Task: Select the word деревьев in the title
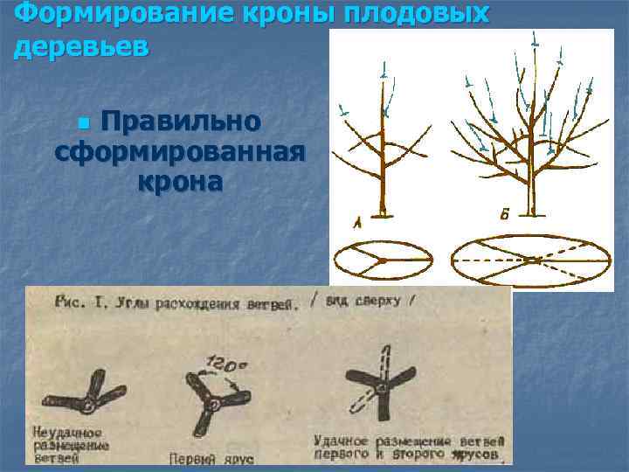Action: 82,46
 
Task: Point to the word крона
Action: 179,183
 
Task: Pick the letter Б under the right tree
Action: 506,215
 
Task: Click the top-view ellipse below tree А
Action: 384,260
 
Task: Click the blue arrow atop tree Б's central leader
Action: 534,39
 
